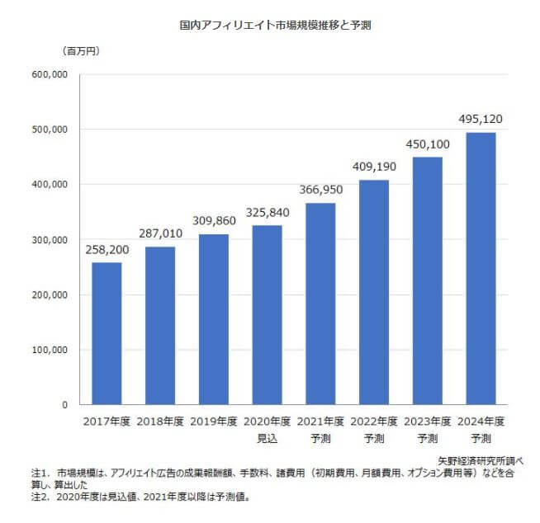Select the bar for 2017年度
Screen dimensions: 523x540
[107, 333]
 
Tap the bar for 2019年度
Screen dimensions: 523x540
[214, 319]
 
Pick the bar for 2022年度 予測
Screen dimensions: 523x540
[374, 292]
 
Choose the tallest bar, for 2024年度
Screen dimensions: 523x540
[481, 268]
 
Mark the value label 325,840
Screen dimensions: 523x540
[268, 212]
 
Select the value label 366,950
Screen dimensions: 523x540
[321, 190]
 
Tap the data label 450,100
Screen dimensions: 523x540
[428, 144]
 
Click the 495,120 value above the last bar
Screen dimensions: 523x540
[481, 120]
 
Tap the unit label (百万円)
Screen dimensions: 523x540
[81, 51]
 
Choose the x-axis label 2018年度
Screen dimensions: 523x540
[160, 422]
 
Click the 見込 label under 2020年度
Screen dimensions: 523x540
[268, 436]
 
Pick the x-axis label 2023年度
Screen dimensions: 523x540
[428, 422]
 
